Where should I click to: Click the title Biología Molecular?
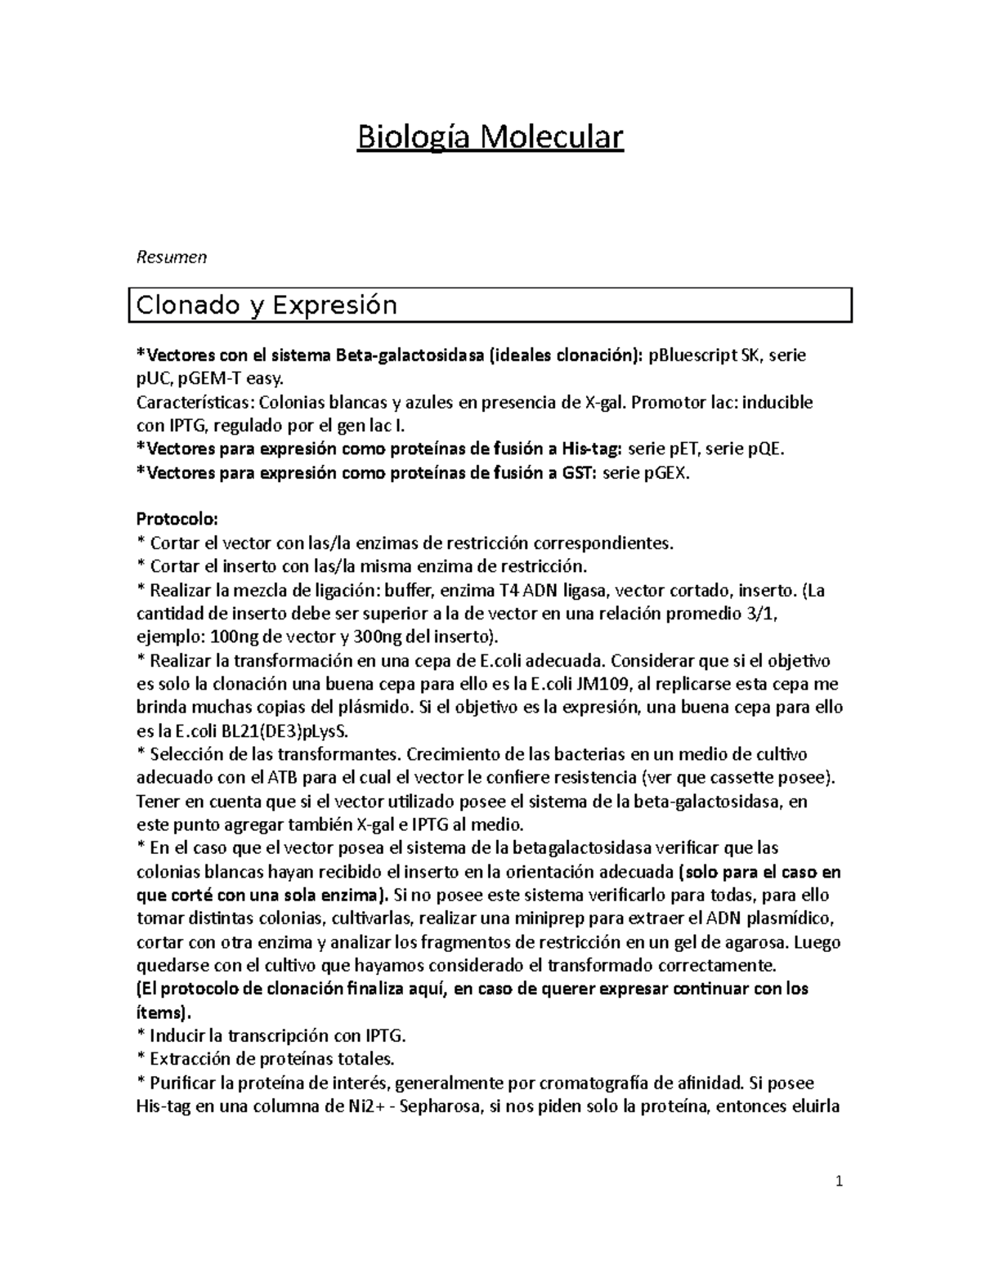coord(490,137)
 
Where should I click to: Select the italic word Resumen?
coord(171,257)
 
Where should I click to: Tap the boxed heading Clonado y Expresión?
coord(267,306)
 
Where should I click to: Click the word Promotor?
coord(665,402)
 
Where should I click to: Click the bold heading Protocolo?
coord(177,520)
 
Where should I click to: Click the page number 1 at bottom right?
coord(840,1182)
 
